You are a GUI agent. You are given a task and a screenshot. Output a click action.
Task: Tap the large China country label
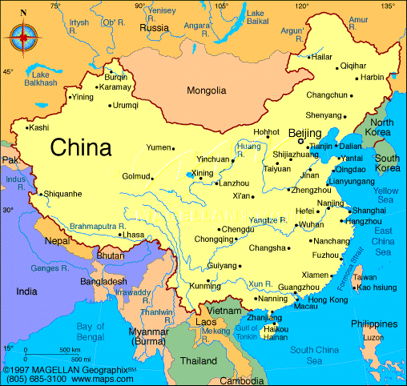click(x=81, y=147)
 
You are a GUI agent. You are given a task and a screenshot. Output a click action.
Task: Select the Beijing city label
click(x=304, y=132)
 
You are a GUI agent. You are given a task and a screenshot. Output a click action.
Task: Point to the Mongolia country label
click(x=206, y=90)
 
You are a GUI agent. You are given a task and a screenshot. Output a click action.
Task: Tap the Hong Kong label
click(x=328, y=299)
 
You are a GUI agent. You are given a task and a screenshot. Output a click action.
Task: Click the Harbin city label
click(x=373, y=77)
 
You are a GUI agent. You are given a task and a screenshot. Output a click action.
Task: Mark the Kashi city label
click(x=38, y=127)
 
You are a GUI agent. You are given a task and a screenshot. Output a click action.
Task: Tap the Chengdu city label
click(x=215, y=229)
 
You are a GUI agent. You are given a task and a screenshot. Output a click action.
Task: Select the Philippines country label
click(x=373, y=324)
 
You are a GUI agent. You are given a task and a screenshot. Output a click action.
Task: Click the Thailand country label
click(x=199, y=360)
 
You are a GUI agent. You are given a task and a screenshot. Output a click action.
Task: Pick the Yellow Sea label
click(x=385, y=195)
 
